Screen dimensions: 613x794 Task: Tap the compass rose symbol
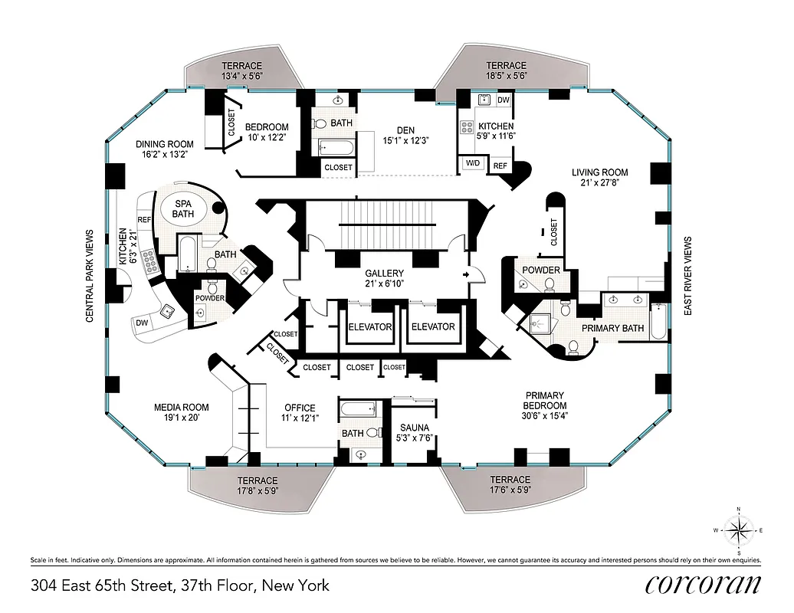pos(739,529)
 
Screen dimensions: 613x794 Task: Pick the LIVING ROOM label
pos(599,178)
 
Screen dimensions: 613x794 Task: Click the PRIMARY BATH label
pos(612,328)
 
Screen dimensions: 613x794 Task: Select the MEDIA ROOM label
pos(181,412)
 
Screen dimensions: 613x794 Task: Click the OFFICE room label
pos(300,412)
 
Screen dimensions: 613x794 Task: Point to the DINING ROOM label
pos(165,149)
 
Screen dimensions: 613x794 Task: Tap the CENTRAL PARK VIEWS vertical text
pos(90,276)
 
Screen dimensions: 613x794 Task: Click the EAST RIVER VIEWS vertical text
pos(687,275)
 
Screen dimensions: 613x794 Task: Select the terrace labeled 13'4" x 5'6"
pos(241,71)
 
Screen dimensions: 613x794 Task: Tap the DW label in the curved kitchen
pos(142,323)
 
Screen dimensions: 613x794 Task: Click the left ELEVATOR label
pos(369,327)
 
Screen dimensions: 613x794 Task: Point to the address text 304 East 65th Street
pos(179,586)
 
